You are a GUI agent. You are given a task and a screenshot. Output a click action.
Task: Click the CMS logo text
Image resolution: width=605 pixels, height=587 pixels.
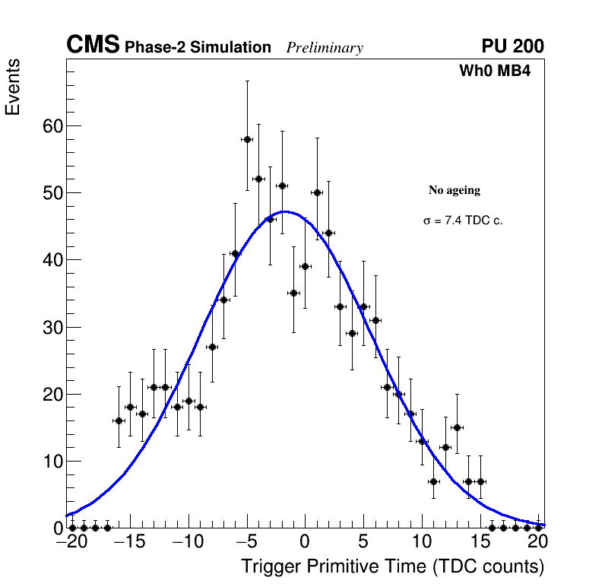tap(93, 46)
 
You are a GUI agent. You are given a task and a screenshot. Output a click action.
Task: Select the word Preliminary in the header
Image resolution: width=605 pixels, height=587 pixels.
tap(325, 48)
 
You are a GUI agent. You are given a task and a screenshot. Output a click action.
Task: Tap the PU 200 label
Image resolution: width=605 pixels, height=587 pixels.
tap(512, 46)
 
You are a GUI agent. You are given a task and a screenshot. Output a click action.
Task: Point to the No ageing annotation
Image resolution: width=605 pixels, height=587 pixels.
tap(455, 190)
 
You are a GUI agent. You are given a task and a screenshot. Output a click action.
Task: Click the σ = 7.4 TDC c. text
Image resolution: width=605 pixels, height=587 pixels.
tap(463, 221)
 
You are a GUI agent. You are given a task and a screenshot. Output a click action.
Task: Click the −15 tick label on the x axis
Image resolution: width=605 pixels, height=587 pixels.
tap(129, 544)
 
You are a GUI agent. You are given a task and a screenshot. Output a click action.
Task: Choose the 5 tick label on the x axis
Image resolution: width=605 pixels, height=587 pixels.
tap(363, 544)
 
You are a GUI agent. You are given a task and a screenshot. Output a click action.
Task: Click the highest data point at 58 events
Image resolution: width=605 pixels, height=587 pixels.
tap(247, 139)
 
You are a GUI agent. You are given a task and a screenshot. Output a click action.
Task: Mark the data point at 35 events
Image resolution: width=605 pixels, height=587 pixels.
tap(293, 293)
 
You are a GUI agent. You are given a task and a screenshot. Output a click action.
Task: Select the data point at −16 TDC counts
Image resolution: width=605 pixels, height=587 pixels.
tap(119, 420)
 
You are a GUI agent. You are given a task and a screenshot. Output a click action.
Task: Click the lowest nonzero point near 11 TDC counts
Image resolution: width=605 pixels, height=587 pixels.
tap(433, 481)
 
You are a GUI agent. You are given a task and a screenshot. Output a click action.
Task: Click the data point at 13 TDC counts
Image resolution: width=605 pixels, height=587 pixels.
tap(457, 427)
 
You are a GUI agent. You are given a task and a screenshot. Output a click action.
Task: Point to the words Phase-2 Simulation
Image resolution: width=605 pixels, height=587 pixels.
tap(198, 48)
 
